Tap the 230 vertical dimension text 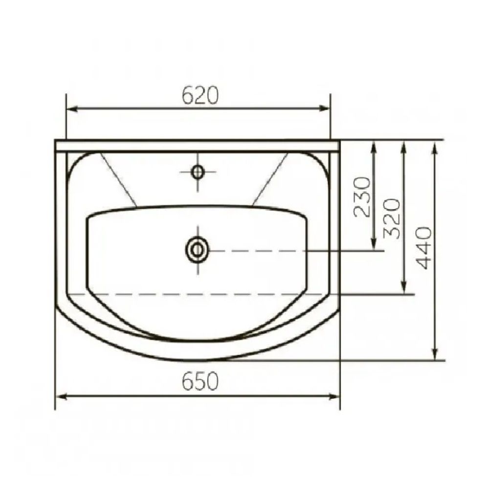(x=363, y=197)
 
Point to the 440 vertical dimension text (x=424, y=248)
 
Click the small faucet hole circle (x=198, y=172)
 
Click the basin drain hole (x=198, y=250)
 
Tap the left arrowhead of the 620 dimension (x=72, y=109)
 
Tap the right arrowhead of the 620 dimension (x=324, y=108)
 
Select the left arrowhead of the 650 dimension (x=62, y=397)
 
